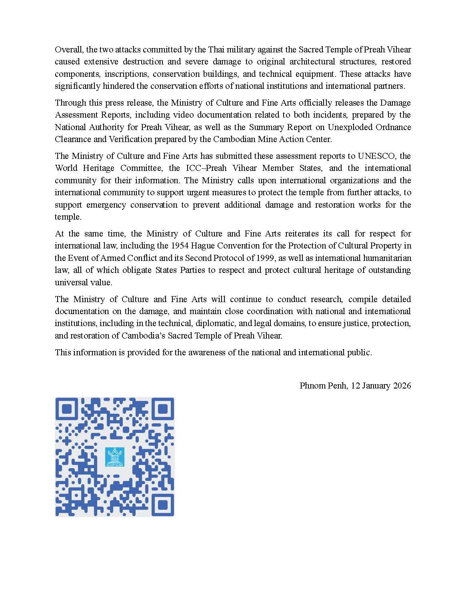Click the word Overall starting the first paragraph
68,50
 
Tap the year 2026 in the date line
402,386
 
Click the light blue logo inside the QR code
115,457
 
